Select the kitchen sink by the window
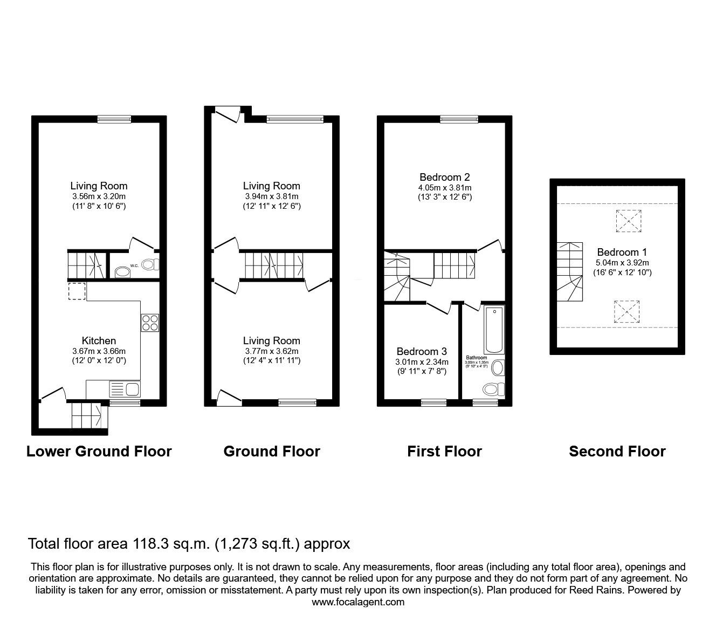[124, 388]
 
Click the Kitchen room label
[99, 340]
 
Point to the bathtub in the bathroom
[494, 329]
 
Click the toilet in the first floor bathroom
[493, 388]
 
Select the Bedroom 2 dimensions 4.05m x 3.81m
[445, 188]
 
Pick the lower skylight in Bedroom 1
[628, 312]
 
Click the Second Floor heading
[617, 451]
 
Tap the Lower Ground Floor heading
[99, 451]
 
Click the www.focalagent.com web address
[358, 602]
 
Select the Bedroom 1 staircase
[570, 271]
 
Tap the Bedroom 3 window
[434, 402]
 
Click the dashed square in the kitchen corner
[77, 291]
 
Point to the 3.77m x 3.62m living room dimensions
[271, 351]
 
